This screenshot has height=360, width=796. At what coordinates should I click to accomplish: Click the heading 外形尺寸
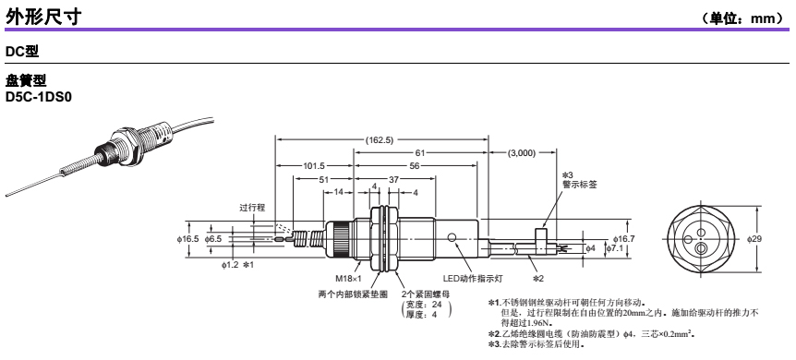click(43, 17)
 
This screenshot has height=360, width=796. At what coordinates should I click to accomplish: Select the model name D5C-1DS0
click(38, 97)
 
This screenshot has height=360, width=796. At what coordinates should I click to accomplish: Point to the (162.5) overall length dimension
click(380, 140)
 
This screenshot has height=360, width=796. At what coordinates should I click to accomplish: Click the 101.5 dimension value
click(314, 165)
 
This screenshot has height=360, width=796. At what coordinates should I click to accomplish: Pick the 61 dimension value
click(420, 152)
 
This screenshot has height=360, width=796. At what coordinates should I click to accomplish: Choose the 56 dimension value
click(415, 165)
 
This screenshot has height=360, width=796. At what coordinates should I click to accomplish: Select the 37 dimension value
click(394, 179)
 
